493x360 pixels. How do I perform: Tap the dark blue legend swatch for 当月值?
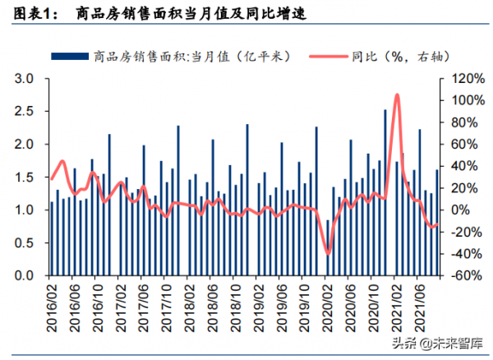(x=70, y=56)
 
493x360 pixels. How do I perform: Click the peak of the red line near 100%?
(x=398, y=95)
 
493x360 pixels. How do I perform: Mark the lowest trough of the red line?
(x=328, y=253)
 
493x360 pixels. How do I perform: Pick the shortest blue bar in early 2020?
(x=328, y=247)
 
